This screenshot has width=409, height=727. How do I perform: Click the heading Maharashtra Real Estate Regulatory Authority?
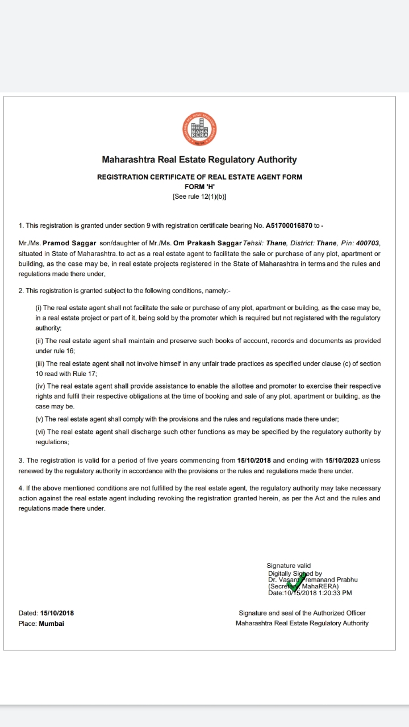coord(199,160)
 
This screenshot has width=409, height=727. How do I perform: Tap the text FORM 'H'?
coord(199,187)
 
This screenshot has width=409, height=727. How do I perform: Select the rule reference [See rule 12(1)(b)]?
coord(199,197)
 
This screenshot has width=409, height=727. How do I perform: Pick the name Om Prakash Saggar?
coord(207,243)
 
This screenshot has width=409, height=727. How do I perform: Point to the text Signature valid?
coord(289,566)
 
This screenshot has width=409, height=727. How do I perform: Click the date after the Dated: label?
coord(57,613)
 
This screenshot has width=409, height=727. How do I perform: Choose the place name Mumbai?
coord(51,623)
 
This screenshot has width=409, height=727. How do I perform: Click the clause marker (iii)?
coord(40,363)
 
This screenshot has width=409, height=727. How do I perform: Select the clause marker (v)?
coord(39,419)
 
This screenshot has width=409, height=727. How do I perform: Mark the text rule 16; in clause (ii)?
coord(63,351)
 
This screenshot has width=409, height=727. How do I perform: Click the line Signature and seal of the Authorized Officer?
coord(302,613)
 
